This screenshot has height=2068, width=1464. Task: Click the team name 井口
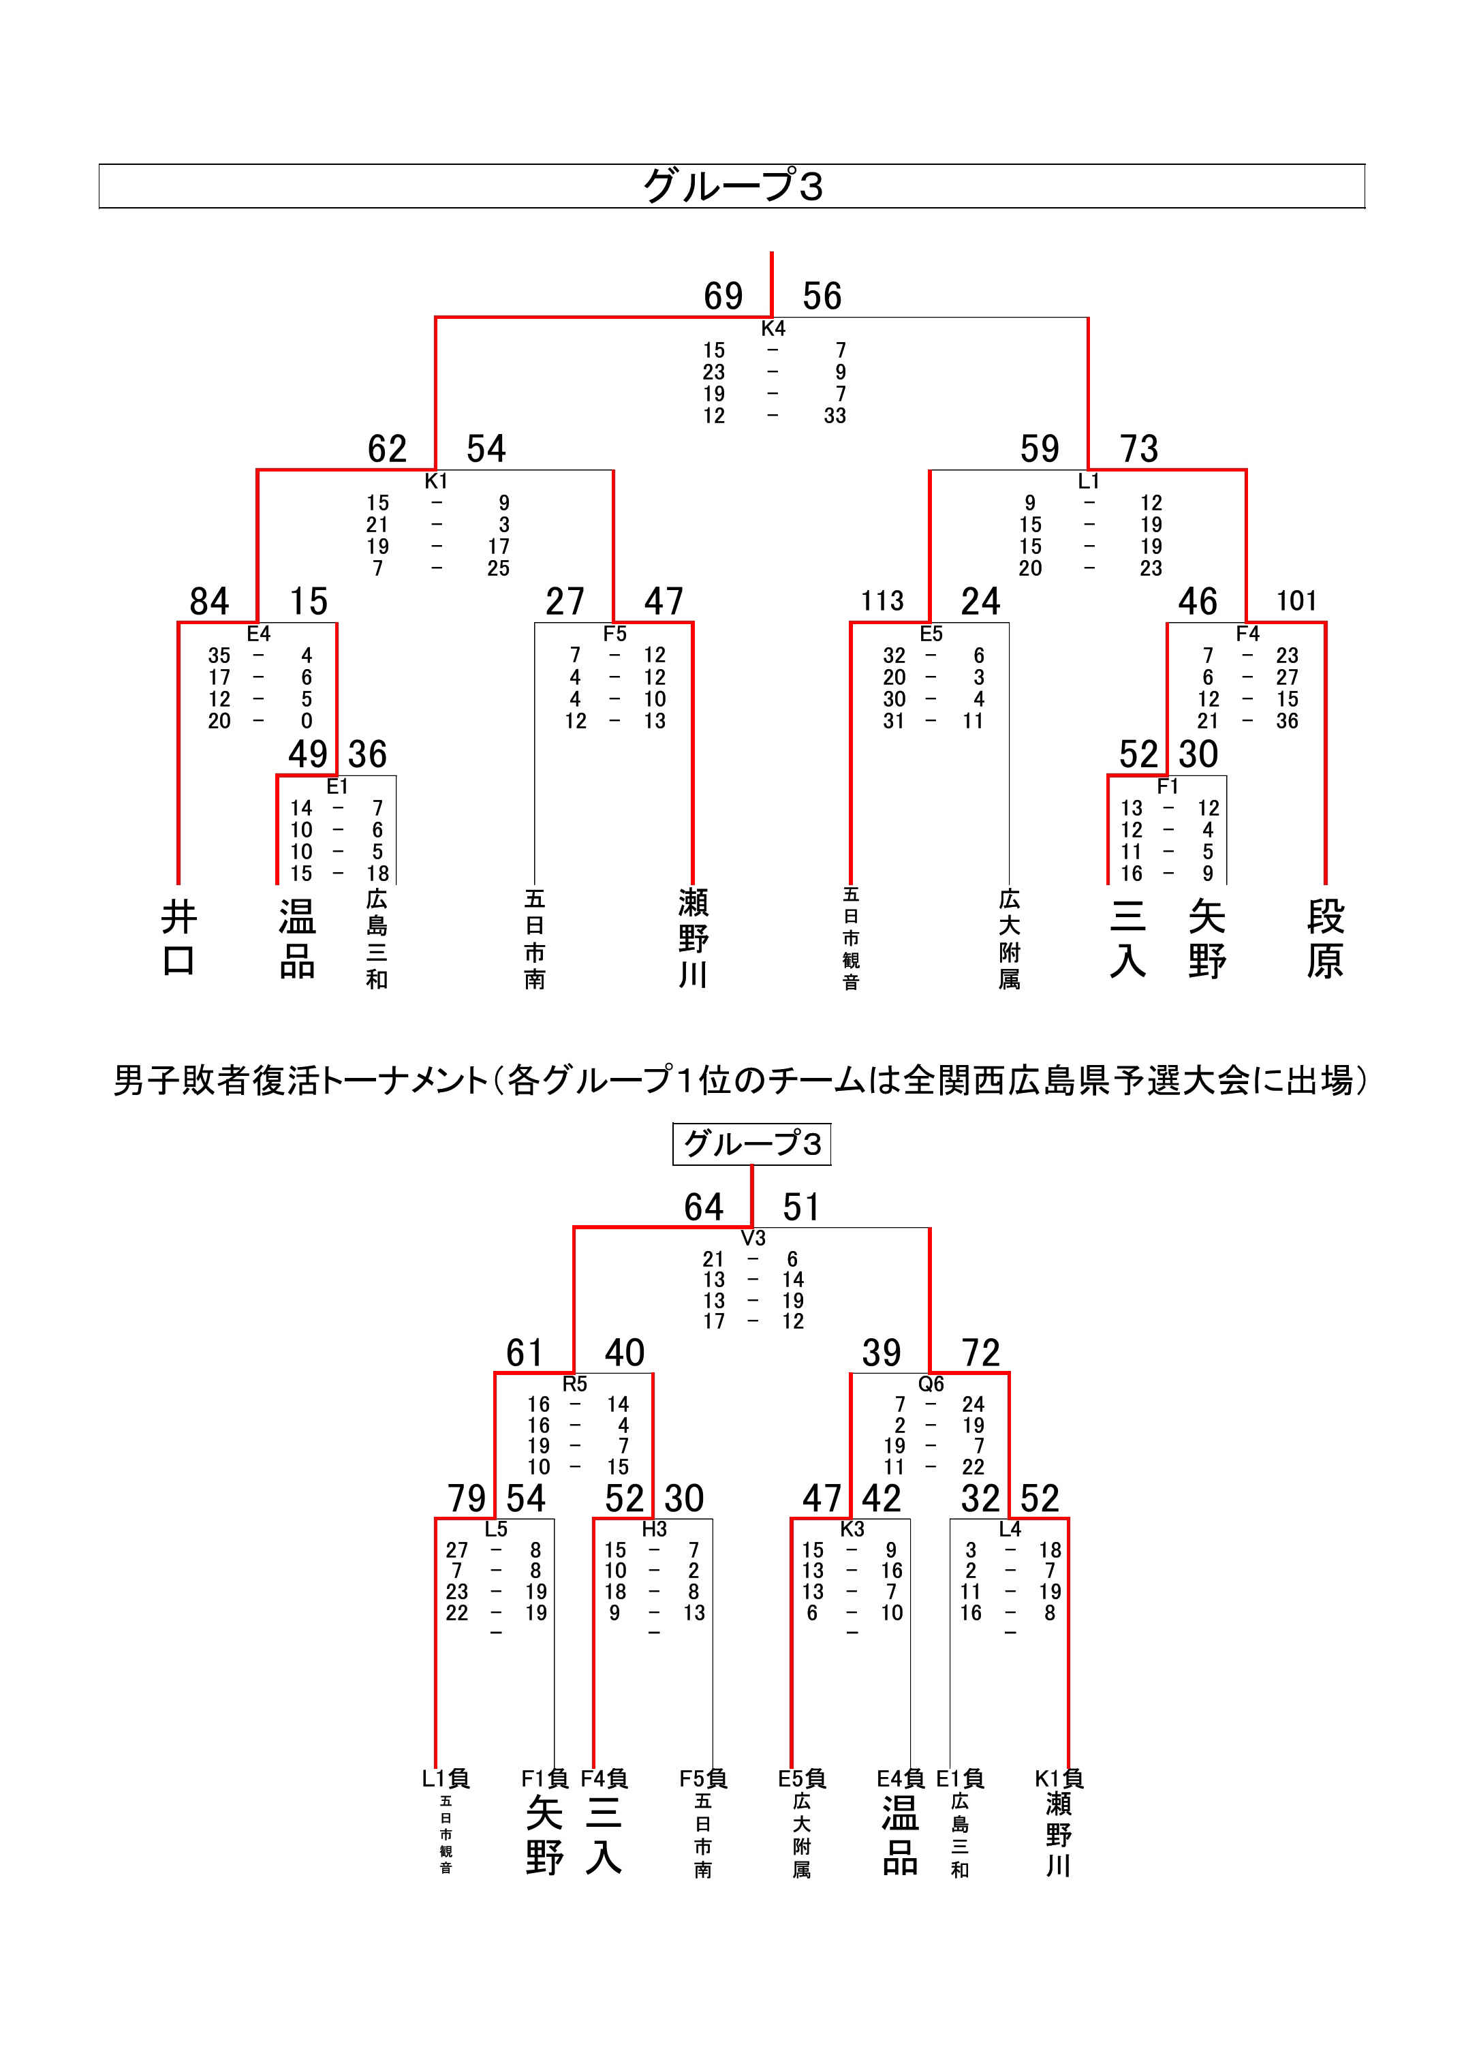(x=178, y=940)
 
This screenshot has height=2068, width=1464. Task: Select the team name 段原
(x=1325, y=940)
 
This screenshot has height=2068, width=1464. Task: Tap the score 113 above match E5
(x=882, y=601)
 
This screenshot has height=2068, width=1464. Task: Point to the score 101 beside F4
(x=1296, y=601)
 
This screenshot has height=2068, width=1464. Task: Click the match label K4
(x=773, y=328)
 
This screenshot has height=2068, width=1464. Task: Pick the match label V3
(x=753, y=1238)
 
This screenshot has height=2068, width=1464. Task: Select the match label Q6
(x=931, y=1384)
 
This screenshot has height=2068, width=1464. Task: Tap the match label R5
(x=574, y=1384)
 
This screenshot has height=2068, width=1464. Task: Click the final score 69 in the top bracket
(x=723, y=296)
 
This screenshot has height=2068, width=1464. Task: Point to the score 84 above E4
(x=209, y=601)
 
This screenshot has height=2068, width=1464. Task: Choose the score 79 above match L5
(x=467, y=1498)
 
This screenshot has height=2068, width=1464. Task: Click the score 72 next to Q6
(x=981, y=1353)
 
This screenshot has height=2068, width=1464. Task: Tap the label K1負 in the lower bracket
(x=1059, y=1778)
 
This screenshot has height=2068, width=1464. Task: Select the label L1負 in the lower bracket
(x=446, y=1778)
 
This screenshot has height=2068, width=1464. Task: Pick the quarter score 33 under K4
(x=835, y=416)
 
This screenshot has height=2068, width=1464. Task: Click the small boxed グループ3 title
(x=752, y=1144)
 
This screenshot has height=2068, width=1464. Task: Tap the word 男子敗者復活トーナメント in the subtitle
(x=301, y=1080)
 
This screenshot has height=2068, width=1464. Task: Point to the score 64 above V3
(x=703, y=1207)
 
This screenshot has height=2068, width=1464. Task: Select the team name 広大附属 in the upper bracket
(x=1009, y=940)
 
